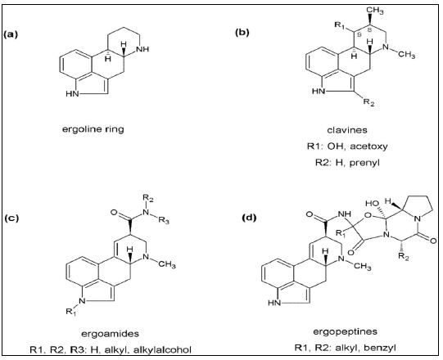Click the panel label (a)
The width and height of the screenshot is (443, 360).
click(x=11, y=34)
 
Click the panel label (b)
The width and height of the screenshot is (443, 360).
click(x=242, y=33)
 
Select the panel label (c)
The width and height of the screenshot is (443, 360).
click(x=11, y=218)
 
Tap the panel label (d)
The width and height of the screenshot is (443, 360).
click(x=249, y=218)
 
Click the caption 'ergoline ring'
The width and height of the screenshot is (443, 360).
click(x=93, y=129)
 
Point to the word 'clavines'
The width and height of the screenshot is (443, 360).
click(x=347, y=130)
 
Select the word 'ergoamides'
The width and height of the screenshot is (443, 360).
click(x=111, y=334)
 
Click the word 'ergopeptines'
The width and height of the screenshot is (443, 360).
click(x=346, y=331)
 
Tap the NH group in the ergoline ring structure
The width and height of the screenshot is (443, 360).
click(x=142, y=49)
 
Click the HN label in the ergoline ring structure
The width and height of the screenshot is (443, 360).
click(x=72, y=93)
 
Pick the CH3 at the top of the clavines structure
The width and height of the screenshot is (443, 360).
click(x=375, y=11)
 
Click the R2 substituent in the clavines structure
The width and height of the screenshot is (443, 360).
click(x=369, y=102)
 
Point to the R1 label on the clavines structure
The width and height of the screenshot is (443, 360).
click(x=340, y=25)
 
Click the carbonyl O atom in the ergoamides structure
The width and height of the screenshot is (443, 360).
click(x=114, y=212)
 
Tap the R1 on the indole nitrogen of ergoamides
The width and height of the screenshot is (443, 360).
click(x=71, y=312)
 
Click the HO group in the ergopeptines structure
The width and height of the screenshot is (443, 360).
click(x=372, y=203)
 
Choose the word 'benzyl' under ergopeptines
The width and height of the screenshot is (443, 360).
click(x=380, y=347)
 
